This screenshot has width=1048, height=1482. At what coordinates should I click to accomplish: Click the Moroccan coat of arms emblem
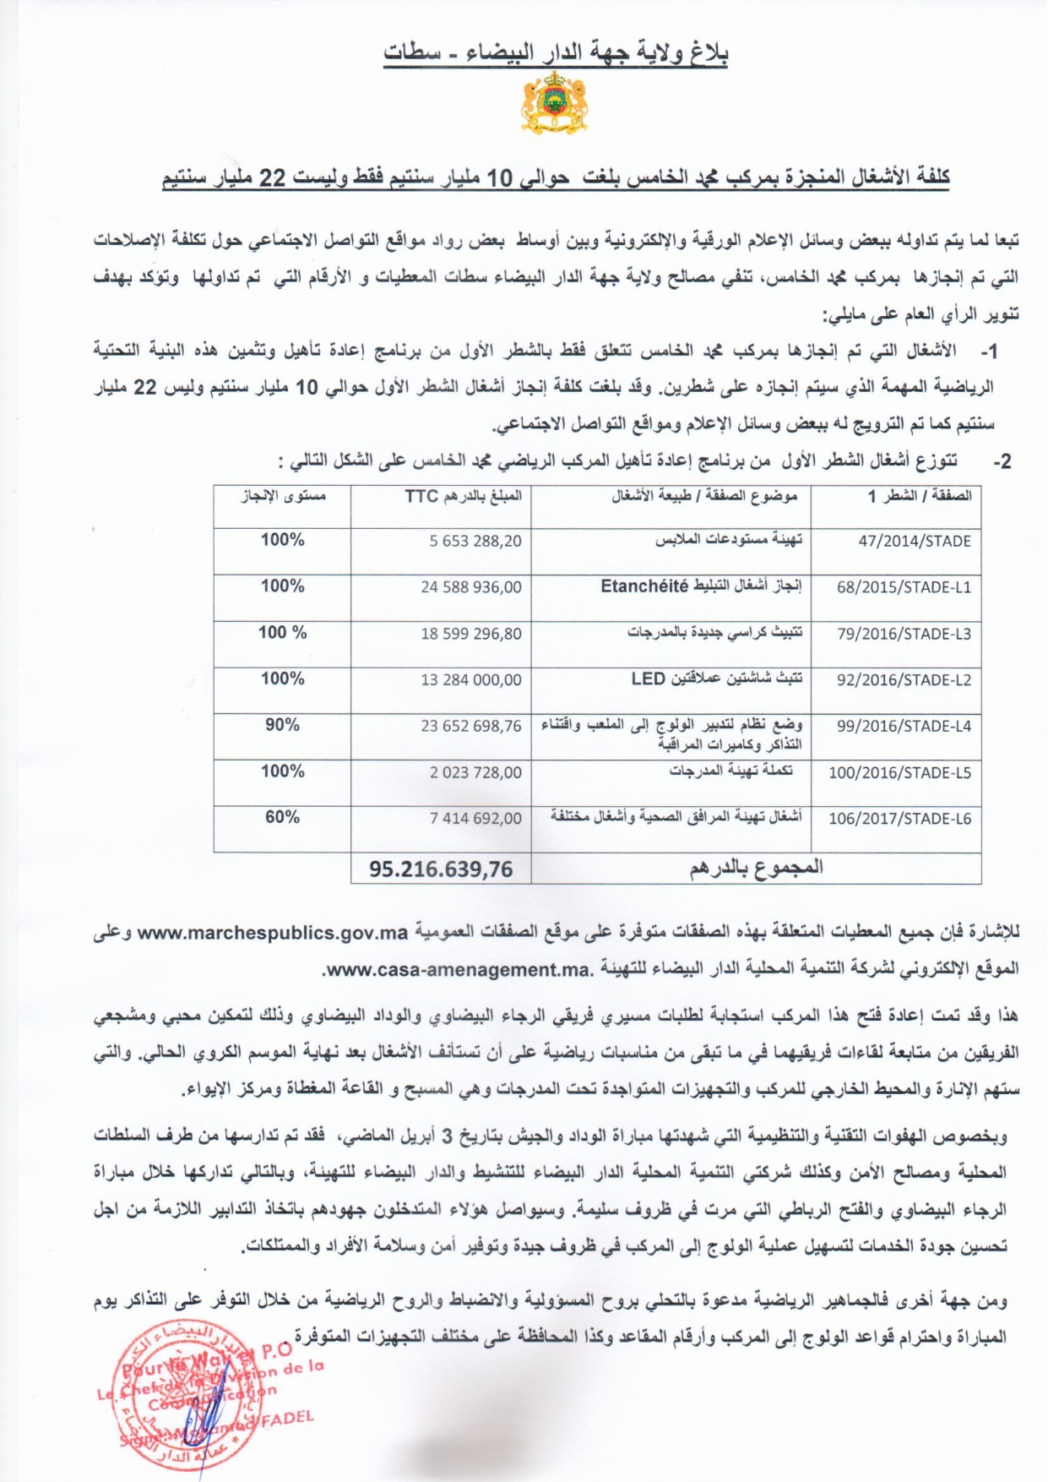tap(554, 104)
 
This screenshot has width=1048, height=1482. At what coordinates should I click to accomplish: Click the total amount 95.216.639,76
tap(441, 869)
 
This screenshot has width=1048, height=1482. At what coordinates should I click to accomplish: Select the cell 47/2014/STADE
tap(915, 542)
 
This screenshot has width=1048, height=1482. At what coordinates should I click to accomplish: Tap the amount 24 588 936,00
tap(471, 587)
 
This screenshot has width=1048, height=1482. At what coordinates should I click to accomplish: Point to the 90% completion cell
tap(282, 725)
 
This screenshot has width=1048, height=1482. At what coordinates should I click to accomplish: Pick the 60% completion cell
tap(282, 817)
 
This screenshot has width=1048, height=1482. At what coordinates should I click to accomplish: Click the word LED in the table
tap(649, 678)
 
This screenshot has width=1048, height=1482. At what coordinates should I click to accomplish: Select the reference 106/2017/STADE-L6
tap(899, 819)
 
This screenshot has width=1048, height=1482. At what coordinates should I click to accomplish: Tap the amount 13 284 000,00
tap(471, 679)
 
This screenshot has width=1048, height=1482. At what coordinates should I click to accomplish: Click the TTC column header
tap(421, 496)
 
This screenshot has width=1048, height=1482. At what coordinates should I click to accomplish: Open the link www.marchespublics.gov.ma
tap(273, 933)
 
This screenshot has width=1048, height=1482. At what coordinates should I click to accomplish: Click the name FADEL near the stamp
tap(287, 1418)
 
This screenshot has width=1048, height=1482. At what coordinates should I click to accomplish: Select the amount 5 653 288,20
tap(475, 542)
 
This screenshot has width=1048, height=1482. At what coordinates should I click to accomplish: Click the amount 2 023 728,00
tap(475, 772)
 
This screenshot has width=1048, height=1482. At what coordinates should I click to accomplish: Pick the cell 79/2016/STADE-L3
tap(904, 634)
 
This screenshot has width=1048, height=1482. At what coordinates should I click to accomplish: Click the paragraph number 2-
tap(1002, 462)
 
